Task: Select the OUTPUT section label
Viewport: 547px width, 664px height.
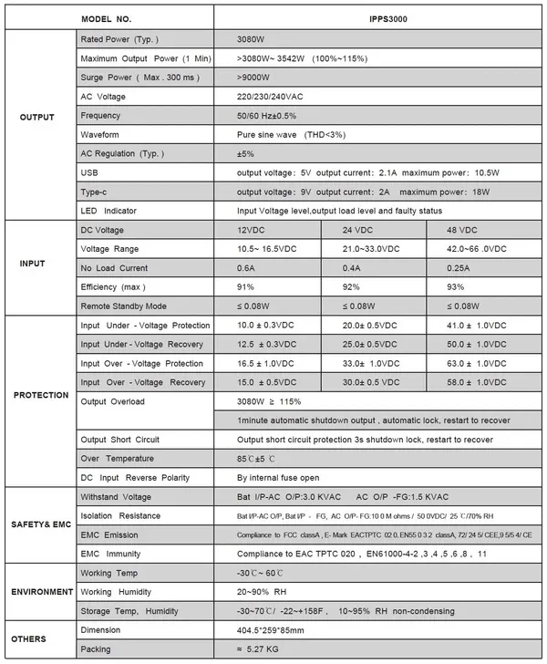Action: point(37,117)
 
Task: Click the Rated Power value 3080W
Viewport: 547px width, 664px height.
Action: point(252,40)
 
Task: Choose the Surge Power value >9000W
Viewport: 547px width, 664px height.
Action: point(255,78)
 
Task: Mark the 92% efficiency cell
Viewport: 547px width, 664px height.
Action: point(350,287)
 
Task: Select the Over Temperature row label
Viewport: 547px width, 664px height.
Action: point(118,458)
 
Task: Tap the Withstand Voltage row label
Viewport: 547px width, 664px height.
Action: point(116,496)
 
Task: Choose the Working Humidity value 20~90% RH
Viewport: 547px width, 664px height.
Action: point(268,592)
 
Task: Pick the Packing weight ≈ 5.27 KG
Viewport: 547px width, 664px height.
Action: point(267,649)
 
